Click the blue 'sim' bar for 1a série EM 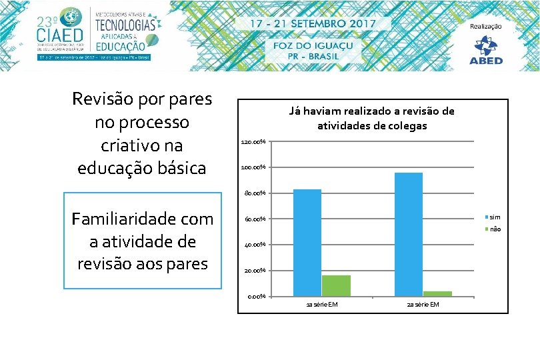click(x=307, y=243)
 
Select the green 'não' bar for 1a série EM click(x=336, y=286)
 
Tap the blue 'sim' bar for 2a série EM click(x=409, y=234)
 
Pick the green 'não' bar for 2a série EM click(x=437, y=293)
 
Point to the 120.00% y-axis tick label click(x=253, y=142)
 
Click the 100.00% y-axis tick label click(x=253, y=167)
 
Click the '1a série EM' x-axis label click(x=321, y=305)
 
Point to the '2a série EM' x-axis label click(x=423, y=305)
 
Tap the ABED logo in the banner click(x=486, y=50)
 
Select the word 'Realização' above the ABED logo click(x=486, y=27)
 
